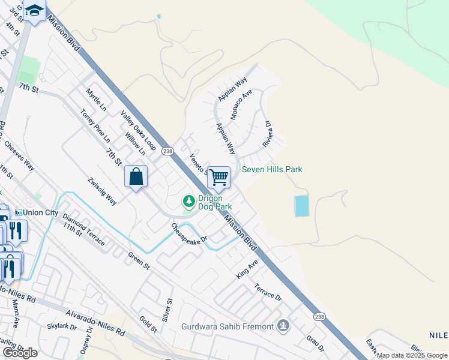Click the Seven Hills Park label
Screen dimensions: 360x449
pyautogui.click(x=272, y=170)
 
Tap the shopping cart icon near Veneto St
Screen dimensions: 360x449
pyautogui.click(x=219, y=177)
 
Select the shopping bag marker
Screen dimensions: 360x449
pyautogui.click(x=136, y=177)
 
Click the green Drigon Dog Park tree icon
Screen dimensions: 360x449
pyautogui.click(x=188, y=199)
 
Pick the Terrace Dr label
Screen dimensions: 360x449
pyautogui.click(x=268, y=292)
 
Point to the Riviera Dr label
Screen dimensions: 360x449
pyautogui.click(x=268, y=135)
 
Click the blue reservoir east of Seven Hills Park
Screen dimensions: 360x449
pyautogui.click(x=301, y=206)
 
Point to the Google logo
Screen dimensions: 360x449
pyautogui.click(x=20, y=353)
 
